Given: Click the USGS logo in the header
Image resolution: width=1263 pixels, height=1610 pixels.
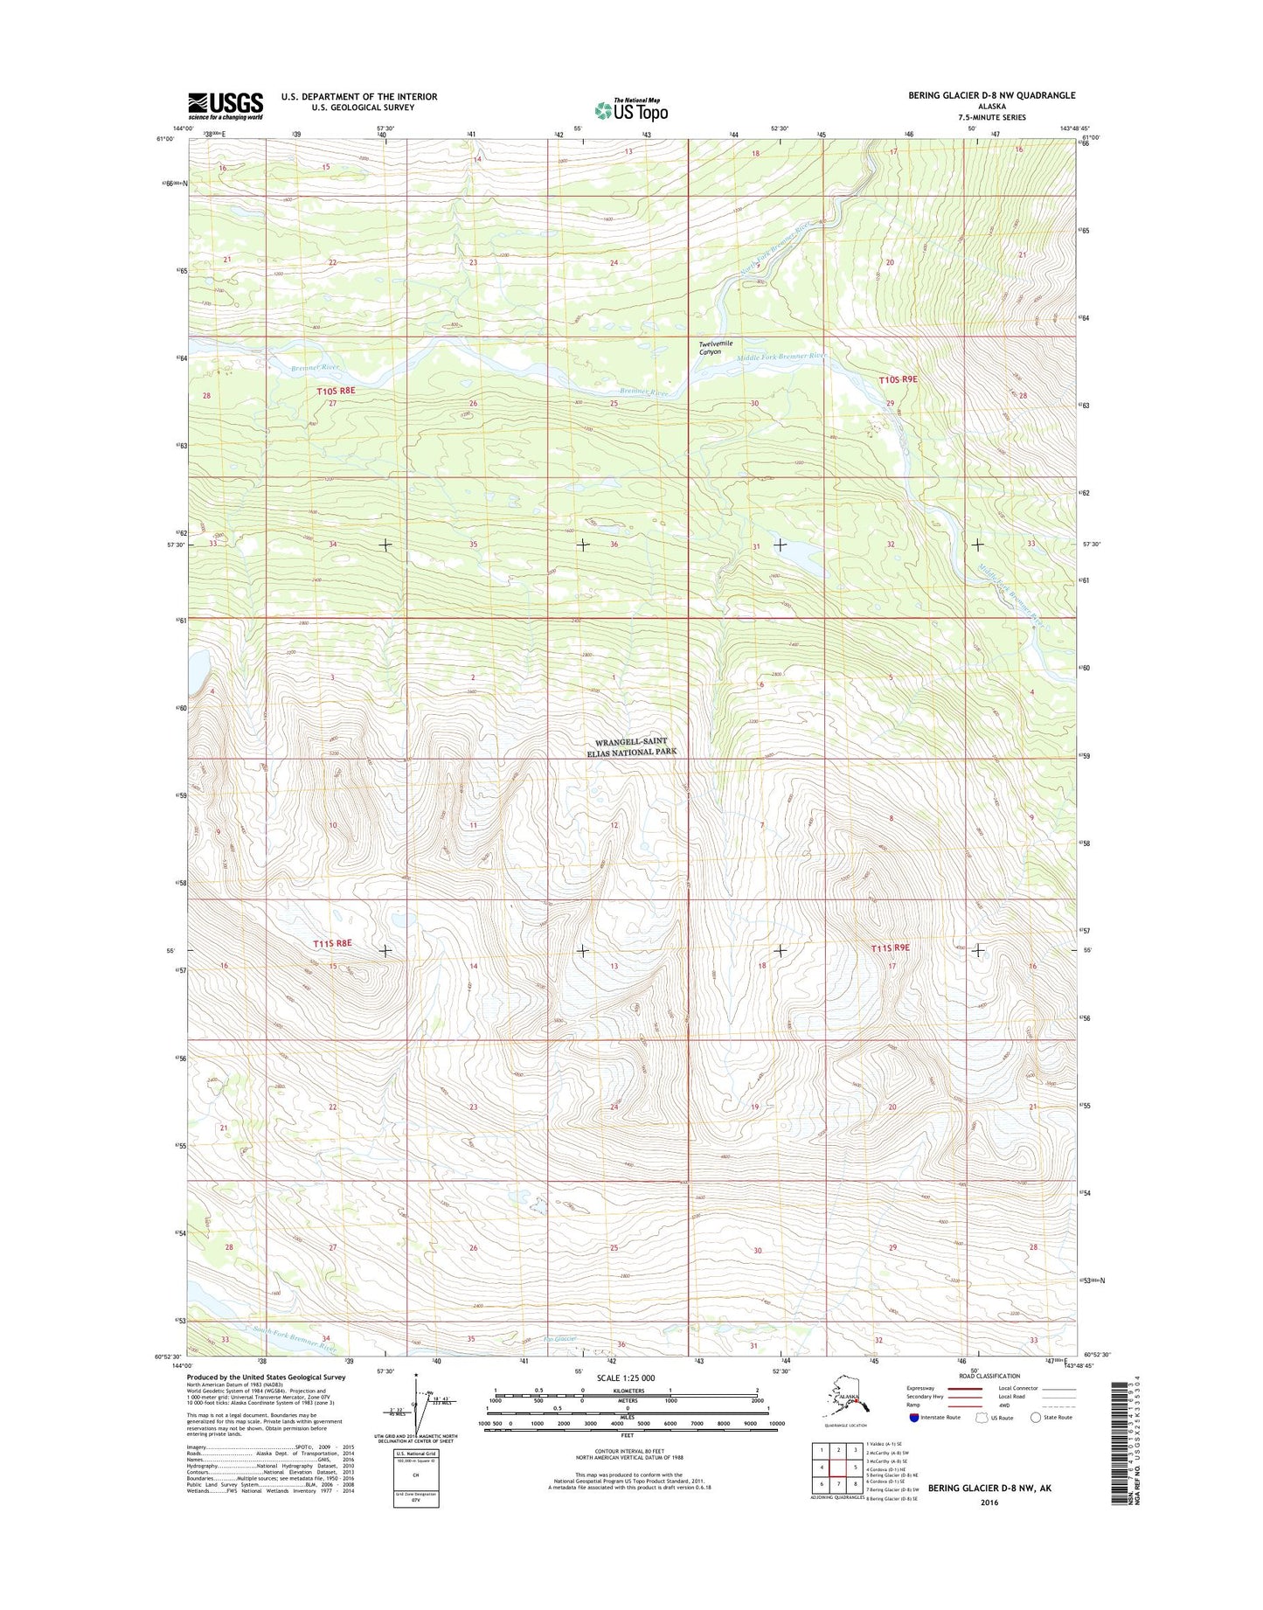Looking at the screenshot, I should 226,106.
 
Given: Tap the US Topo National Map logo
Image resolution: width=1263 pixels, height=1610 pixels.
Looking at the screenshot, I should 631,109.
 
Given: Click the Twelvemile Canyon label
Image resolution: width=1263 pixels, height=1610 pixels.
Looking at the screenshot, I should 710,347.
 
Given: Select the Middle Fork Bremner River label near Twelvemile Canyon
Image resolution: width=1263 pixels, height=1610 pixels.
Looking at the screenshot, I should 781,356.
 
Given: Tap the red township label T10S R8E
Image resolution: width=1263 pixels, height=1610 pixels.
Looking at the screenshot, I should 336,392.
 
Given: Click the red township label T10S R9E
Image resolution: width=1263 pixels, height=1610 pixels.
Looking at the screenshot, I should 899,379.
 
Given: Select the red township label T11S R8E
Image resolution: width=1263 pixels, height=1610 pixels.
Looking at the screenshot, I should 332,943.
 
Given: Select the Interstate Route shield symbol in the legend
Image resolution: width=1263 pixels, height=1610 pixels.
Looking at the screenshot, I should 914,1418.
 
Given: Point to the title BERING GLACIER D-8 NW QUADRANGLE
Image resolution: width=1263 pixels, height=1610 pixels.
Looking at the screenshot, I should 991,95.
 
